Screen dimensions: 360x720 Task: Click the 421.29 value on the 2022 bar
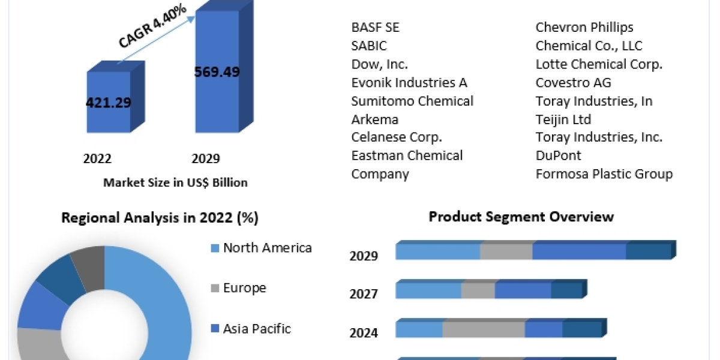coord(109,103)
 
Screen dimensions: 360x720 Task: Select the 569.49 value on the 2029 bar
coord(217,72)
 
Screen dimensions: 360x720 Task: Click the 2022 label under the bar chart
coord(97,158)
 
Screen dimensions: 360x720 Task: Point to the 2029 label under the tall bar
coord(205,158)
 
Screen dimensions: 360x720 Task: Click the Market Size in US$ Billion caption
coord(175,182)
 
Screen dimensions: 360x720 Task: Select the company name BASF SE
coord(375,28)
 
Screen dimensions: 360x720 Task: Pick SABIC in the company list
coord(369,46)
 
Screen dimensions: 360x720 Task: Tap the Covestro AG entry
coord(573,82)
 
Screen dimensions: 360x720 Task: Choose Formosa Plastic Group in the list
coord(604,174)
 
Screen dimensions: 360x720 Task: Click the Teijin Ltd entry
coord(563,119)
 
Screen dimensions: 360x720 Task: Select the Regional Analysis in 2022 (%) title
coord(160,218)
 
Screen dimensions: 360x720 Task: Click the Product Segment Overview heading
coord(521,217)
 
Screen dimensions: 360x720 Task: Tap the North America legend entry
coord(267,248)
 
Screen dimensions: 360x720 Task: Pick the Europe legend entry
coord(244,288)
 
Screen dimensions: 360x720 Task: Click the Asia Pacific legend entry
coord(256,329)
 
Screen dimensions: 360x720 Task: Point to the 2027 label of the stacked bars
coord(364,294)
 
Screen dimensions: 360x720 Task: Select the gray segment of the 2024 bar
coord(484,329)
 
